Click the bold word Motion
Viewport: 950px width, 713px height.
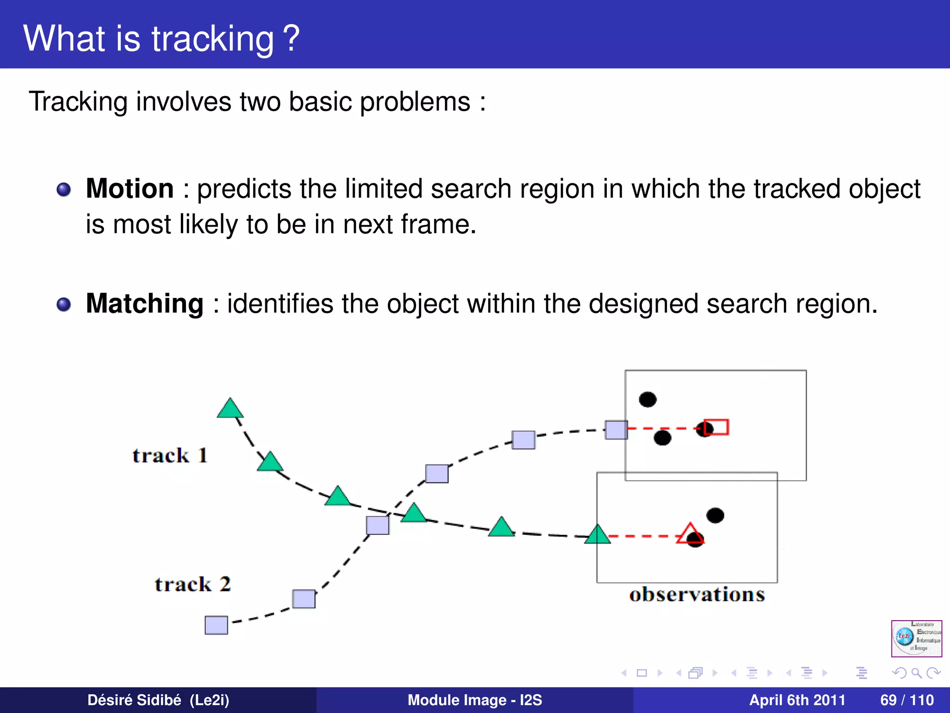(130, 188)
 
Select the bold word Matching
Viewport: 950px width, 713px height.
(145, 304)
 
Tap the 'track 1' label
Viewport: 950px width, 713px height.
(169, 455)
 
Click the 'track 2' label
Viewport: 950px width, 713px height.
(193, 584)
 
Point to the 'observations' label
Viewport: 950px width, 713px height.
(697, 595)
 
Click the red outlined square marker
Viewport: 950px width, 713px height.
(717, 427)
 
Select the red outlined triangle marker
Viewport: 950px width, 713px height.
(689, 534)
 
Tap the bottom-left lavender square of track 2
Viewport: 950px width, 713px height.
(216, 625)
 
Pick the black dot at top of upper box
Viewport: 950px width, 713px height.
(648, 399)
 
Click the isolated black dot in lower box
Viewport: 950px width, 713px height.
(715, 515)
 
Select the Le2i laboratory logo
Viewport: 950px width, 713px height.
(917, 638)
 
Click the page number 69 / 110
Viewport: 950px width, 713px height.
(907, 700)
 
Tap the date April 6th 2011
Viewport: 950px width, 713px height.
(797, 700)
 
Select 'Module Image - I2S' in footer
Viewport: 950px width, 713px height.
(475, 700)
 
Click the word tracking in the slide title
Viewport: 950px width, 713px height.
(213, 39)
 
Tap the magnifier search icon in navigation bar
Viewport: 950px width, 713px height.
(916, 673)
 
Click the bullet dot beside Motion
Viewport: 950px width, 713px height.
(64, 189)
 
